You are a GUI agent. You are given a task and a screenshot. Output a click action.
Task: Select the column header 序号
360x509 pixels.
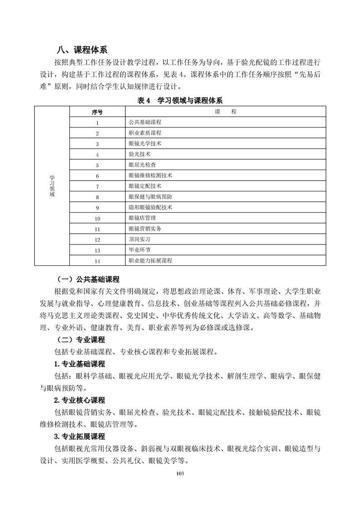(x=97, y=112)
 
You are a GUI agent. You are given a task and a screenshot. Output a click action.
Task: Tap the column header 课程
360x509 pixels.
(x=226, y=112)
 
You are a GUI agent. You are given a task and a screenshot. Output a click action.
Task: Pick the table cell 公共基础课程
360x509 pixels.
(x=145, y=122)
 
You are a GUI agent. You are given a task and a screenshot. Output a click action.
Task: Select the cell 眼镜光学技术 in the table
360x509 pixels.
(x=145, y=144)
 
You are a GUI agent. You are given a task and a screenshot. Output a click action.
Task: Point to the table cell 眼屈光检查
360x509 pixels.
(x=143, y=165)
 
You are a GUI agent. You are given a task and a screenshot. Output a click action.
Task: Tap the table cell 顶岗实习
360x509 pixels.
(x=140, y=239)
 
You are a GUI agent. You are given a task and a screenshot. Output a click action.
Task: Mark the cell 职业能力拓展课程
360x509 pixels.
(x=151, y=260)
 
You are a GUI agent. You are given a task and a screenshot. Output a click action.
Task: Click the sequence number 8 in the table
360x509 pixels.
(x=97, y=197)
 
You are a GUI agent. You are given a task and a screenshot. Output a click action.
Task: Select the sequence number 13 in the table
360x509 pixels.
(x=97, y=250)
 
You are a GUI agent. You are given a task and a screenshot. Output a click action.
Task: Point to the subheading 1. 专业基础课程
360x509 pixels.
(x=79, y=364)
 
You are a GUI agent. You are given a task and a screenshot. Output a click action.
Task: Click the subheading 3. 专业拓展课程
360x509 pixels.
(x=79, y=436)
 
